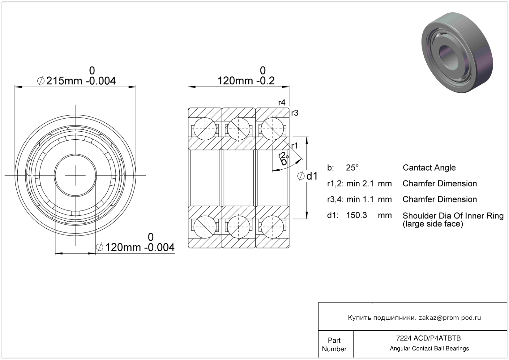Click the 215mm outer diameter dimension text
coord(77,81)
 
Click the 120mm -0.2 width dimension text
coord(246,81)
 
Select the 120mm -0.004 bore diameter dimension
coord(135,247)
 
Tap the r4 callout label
coord(282,103)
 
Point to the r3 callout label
coord(295,113)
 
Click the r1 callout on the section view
coord(294,146)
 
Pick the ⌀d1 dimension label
coord(307,176)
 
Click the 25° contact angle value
coord(352,167)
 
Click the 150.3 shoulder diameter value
coord(357,215)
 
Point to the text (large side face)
coord(433,224)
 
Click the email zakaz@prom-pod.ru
coord(450,318)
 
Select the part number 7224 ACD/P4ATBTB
coord(429,338)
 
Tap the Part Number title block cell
coord(334,345)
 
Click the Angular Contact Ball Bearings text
coord(429,349)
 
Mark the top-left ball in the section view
coord(205,129)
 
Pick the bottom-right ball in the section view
coord(272,227)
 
